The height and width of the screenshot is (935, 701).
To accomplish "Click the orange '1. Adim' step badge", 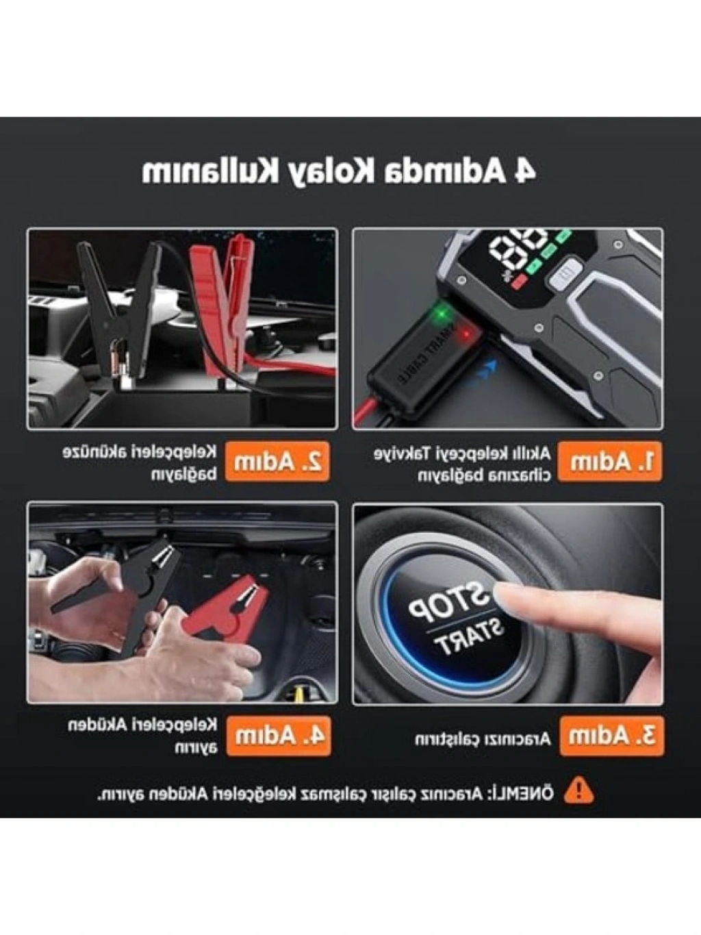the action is tap(610, 462).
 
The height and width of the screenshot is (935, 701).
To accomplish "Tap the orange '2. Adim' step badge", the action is tap(277, 462).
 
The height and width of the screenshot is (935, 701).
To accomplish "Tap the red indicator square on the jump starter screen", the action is tap(520, 281).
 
